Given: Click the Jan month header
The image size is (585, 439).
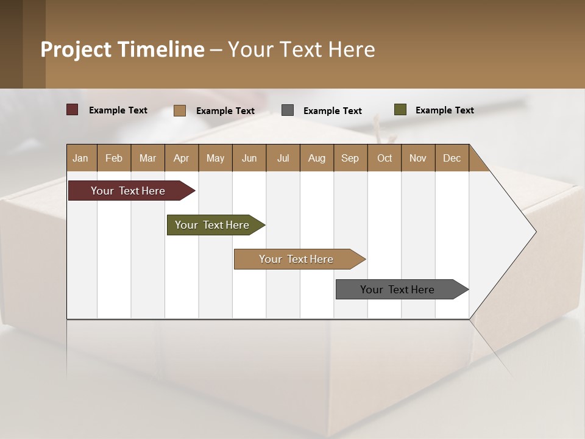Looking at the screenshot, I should (81, 158).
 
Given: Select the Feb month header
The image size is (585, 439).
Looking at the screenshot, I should (114, 158).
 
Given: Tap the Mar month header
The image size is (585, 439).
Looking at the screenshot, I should (147, 158).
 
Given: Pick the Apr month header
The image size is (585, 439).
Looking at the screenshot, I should (182, 158).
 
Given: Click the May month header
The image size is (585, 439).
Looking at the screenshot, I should (215, 158).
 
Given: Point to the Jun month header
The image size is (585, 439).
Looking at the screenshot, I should (249, 158).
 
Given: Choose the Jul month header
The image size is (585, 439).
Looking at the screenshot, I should (283, 158).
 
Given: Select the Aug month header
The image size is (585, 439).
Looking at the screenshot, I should (317, 158).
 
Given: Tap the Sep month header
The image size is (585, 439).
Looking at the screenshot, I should (350, 158).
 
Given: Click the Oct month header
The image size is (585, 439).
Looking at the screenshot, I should (385, 158).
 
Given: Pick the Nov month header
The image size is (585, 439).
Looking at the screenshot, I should (418, 158).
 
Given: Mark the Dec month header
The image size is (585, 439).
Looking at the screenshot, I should (452, 158).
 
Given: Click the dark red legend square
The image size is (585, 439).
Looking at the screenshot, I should (73, 110).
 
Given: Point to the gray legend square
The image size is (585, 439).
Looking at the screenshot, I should (288, 110).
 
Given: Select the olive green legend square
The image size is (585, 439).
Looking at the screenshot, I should (400, 110).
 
